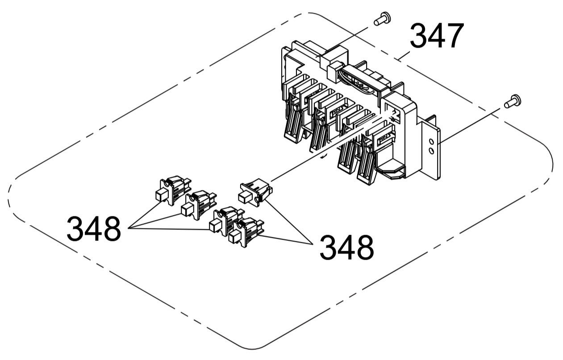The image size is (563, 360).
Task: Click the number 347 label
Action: (x=436, y=36)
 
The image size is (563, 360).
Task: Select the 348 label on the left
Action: (x=93, y=228)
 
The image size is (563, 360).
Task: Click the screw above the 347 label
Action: (x=381, y=19)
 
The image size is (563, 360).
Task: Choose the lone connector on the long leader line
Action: (x=255, y=192)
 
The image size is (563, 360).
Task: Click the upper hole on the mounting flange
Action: (x=431, y=142)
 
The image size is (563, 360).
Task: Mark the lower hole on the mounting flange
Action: (x=431, y=151)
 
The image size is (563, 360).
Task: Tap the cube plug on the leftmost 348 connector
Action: (x=160, y=194)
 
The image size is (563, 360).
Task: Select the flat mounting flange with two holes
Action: (x=432, y=149)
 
